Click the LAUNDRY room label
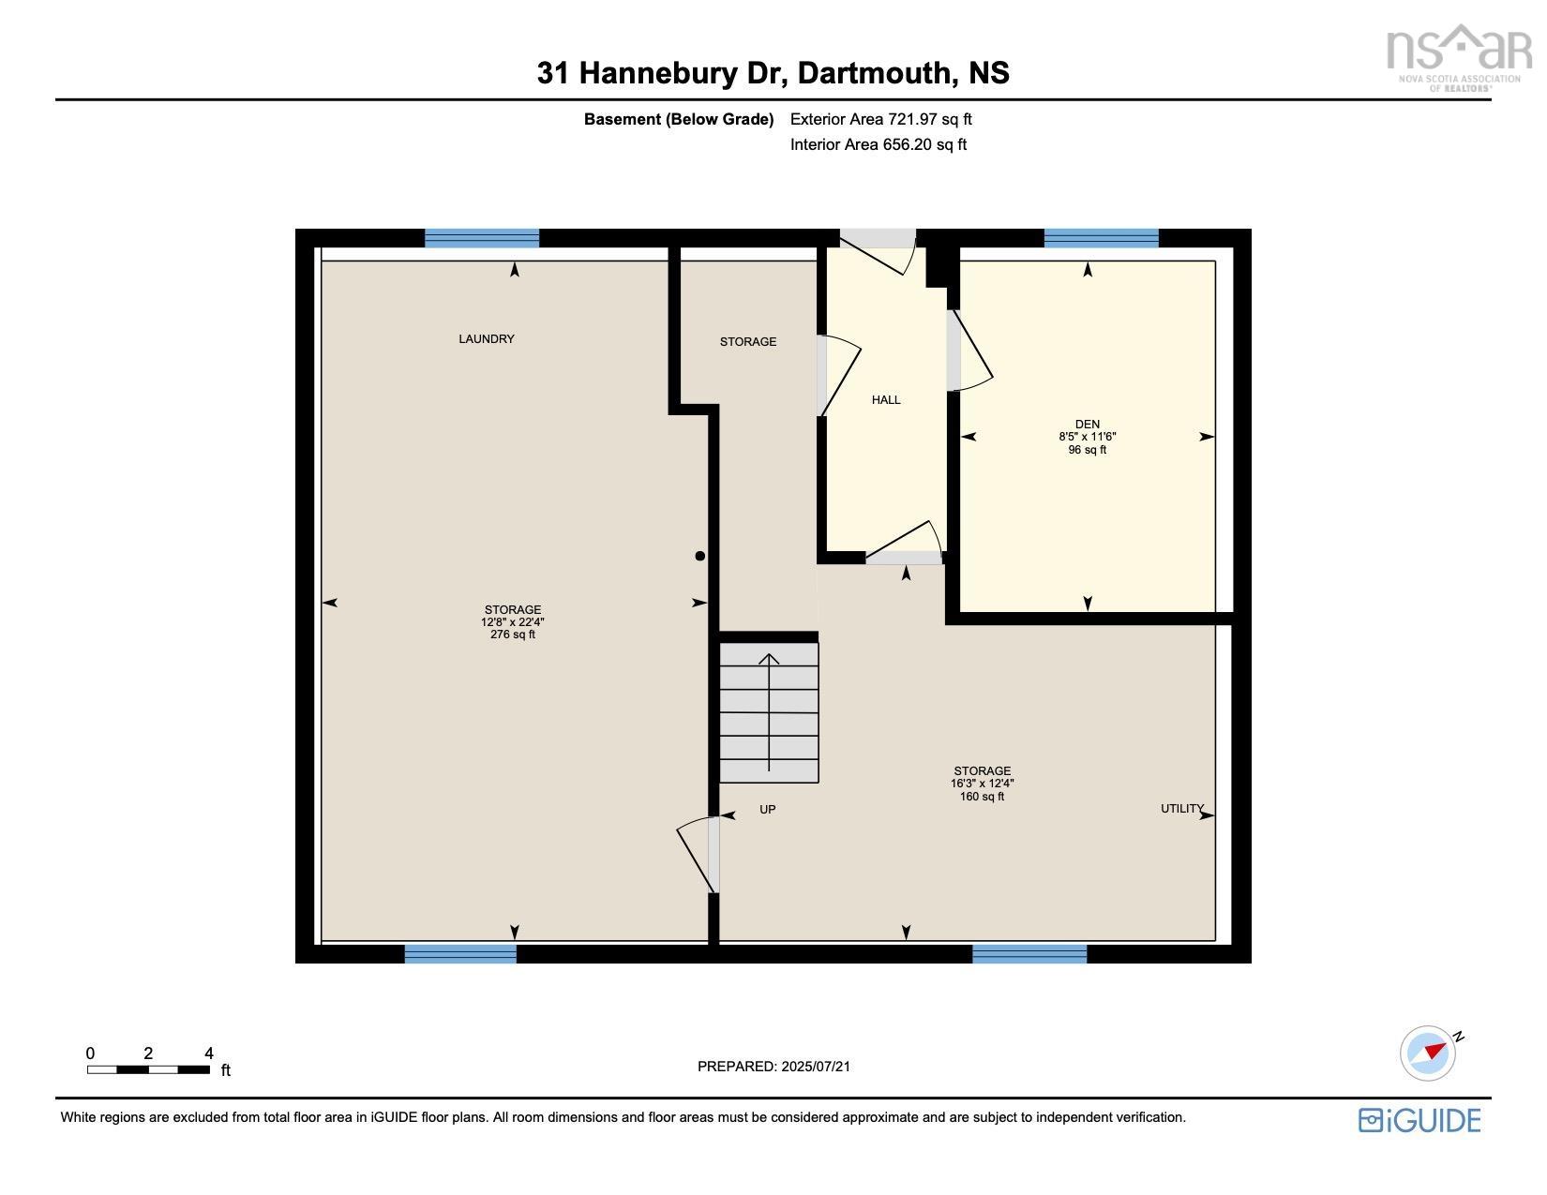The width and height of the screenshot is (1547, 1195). coord(486,339)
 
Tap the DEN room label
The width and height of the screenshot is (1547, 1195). coord(1087,425)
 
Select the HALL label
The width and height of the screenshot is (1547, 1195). coord(885,400)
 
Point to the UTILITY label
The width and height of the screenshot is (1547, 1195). coord(1181,809)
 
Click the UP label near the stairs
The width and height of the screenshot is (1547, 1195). coord(767,810)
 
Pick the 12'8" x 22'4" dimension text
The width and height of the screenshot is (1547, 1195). coord(512,622)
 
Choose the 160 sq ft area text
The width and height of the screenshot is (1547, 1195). coord(982,797)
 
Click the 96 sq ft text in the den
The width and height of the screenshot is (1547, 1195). coord(1087,450)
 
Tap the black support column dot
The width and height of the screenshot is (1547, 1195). coord(699,556)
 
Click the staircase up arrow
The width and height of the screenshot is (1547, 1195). coord(769,712)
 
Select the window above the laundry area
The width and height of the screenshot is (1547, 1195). coord(482,238)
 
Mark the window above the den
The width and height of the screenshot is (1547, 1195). coord(1101,238)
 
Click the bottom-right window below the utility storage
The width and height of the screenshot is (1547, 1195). coord(1029,954)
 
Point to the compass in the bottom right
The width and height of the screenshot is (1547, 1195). coord(1428,1053)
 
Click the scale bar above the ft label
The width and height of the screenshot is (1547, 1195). coord(148,1069)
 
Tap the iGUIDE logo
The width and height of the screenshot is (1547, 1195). coord(1419,1120)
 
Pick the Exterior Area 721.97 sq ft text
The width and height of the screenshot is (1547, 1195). coord(880,119)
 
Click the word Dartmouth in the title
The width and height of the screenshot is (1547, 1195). coord(877,73)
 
